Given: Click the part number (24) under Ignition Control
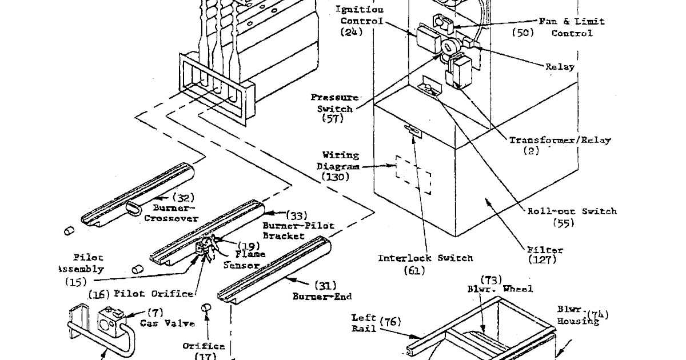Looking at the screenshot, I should pos(352,33).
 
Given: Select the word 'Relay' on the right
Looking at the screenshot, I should pos(560,67).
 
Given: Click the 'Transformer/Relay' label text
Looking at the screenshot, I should pos(560,140).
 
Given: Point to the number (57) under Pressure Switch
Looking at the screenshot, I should pos(332,119).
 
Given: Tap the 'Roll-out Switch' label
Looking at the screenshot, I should pos(572,211).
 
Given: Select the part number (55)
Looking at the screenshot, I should pos(563,223).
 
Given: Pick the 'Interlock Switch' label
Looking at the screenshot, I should pos(425,258).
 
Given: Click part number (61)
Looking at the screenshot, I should pos(414,270).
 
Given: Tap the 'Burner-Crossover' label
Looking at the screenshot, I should pos(171,213).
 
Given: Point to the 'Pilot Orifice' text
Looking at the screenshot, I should pos(154,294).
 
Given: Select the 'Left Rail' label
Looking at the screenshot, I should pos(364,323).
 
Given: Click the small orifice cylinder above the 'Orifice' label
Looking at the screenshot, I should pos(205,309).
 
